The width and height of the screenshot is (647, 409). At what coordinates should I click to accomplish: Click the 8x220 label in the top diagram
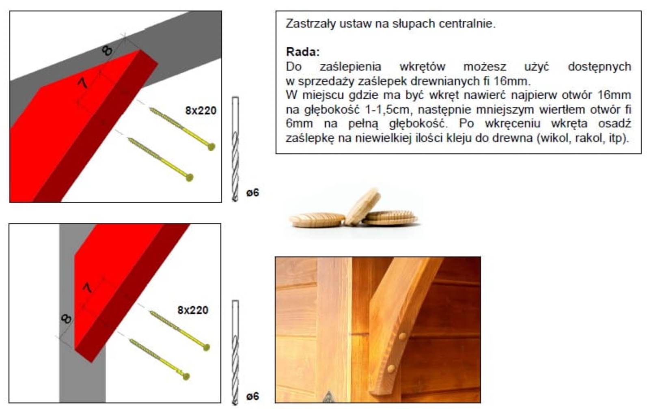pyautogui.click(x=201, y=110)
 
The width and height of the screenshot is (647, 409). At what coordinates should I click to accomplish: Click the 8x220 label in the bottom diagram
pyautogui.click(x=193, y=310)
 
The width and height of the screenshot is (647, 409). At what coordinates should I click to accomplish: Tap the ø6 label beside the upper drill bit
pyautogui.click(x=253, y=192)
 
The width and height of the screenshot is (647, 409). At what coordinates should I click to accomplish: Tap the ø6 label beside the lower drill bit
pyautogui.click(x=253, y=396)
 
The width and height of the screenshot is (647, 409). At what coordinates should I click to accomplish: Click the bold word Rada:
pyautogui.click(x=303, y=52)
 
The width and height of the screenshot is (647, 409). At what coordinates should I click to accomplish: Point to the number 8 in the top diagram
pyautogui.click(x=107, y=51)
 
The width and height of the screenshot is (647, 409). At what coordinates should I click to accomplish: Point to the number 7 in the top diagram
pyautogui.click(x=83, y=83)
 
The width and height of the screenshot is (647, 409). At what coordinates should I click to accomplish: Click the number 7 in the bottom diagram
pyautogui.click(x=87, y=288)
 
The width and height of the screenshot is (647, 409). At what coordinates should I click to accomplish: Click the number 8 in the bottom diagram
pyautogui.click(x=66, y=319)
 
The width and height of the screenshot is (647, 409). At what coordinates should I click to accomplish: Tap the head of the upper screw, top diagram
pyautogui.click(x=211, y=147)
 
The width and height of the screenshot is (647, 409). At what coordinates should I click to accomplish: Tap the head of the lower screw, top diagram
pyautogui.click(x=190, y=177)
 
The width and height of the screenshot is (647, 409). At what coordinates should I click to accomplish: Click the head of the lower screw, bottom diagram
pyautogui.click(x=186, y=377)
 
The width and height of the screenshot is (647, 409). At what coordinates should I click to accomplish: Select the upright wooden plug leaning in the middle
pyautogui.click(x=363, y=207)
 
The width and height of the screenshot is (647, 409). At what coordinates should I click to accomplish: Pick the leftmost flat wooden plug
pyautogui.click(x=317, y=220)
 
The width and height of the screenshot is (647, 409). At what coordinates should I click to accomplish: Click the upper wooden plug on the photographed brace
pyautogui.click(x=402, y=336)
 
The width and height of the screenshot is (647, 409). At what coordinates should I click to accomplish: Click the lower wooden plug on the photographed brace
pyautogui.click(x=391, y=369)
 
